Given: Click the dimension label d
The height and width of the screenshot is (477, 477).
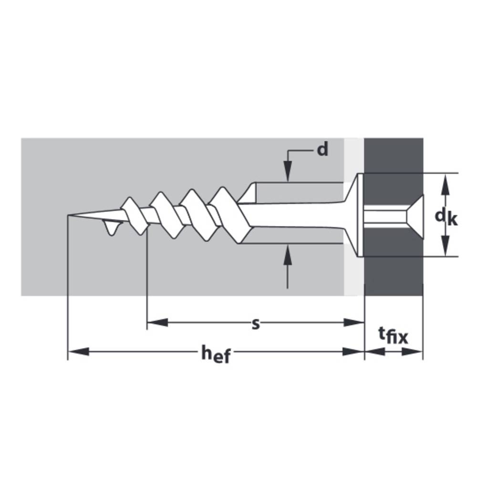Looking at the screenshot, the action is coord(323,150).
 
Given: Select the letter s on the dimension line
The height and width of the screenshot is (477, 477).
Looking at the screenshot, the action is coord(256,324).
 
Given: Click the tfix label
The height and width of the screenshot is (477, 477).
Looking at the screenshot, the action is coord(393,335).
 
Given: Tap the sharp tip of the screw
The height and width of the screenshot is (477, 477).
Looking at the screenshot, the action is coord(68,215).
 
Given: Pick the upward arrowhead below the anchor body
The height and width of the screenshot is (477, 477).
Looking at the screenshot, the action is coord(288,255).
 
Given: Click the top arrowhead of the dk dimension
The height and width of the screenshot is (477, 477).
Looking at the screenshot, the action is coord(446,184).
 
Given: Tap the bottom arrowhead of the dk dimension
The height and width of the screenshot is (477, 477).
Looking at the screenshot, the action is coord(446,245).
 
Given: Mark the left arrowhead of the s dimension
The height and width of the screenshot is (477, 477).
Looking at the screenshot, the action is coord(157,322).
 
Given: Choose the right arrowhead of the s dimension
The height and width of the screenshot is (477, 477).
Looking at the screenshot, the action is coord(354,322).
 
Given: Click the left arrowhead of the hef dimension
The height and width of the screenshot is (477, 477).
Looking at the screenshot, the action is coord(79,352).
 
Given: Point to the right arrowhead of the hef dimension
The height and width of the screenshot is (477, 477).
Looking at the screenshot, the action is coord(353,352).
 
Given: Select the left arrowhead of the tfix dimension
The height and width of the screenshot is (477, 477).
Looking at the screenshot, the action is coord(375,352).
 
